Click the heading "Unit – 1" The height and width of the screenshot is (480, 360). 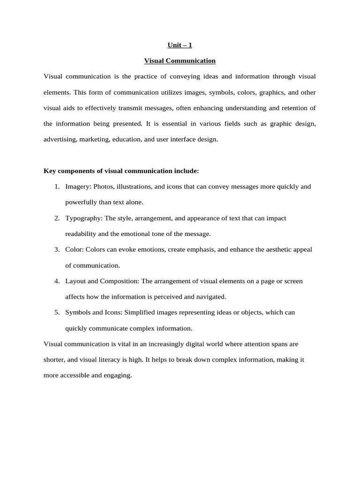(x=180, y=45)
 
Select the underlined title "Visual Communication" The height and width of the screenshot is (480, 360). (x=180, y=60)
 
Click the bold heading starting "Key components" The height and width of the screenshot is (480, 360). (x=121, y=171)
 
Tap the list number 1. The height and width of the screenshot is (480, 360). (x=56, y=187)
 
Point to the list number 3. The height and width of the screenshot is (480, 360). (x=56, y=249)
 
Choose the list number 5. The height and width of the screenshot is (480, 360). (x=56, y=312)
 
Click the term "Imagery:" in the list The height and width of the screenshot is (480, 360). (x=78, y=187)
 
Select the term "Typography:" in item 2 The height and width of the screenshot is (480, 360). (x=84, y=218)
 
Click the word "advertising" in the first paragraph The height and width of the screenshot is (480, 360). (x=60, y=139)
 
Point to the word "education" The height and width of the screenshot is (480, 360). (x=127, y=139)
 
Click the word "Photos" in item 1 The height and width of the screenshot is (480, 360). (x=103, y=187)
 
